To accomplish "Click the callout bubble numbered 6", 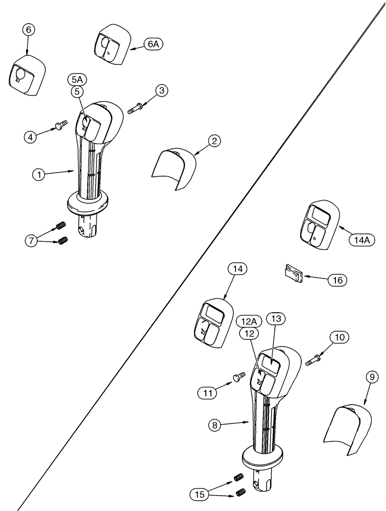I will pyautogui.click(x=28, y=30).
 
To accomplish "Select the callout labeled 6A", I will pyautogui.click(x=153, y=44).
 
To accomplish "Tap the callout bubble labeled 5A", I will pyautogui.click(x=77, y=79).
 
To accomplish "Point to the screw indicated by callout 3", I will pyautogui.click(x=135, y=108).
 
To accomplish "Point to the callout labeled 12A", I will pyautogui.click(x=249, y=321).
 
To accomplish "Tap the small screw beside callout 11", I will pyautogui.click(x=238, y=377).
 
